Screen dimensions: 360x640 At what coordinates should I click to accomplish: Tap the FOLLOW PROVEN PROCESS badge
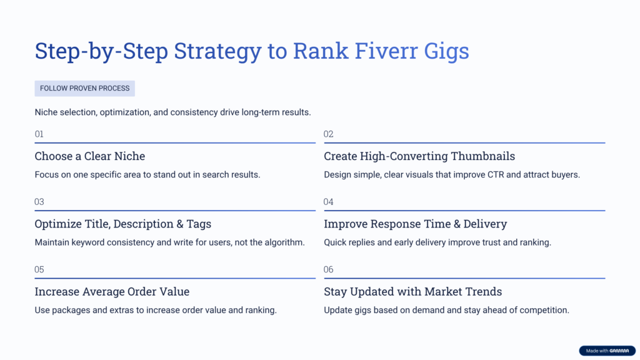(x=84, y=89)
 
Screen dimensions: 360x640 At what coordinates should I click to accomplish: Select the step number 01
(x=39, y=134)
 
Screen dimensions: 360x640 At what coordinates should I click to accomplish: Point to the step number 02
(x=329, y=134)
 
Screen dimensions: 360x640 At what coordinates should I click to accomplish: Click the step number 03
(x=39, y=202)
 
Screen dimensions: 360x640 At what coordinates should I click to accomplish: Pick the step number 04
(x=329, y=202)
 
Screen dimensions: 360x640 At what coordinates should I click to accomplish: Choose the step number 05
(x=39, y=270)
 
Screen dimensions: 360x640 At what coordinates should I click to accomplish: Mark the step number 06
(x=329, y=270)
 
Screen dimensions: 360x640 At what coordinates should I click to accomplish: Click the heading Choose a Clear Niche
(x=89, y=156)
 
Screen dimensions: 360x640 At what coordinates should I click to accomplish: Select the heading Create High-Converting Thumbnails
(x=419, y=156)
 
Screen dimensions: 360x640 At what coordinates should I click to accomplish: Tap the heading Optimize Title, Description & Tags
(x=122, y=224)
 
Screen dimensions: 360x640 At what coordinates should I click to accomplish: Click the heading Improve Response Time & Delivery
(x=415, y=224)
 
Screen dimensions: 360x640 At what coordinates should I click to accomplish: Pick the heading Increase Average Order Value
(x=112, y=292)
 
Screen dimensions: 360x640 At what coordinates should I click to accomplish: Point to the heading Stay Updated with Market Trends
(x=412, y=292)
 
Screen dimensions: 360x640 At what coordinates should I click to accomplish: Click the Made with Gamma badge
(x=607, y=351)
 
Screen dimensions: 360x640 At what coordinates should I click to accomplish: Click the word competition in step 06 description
(x=544, y=311)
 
